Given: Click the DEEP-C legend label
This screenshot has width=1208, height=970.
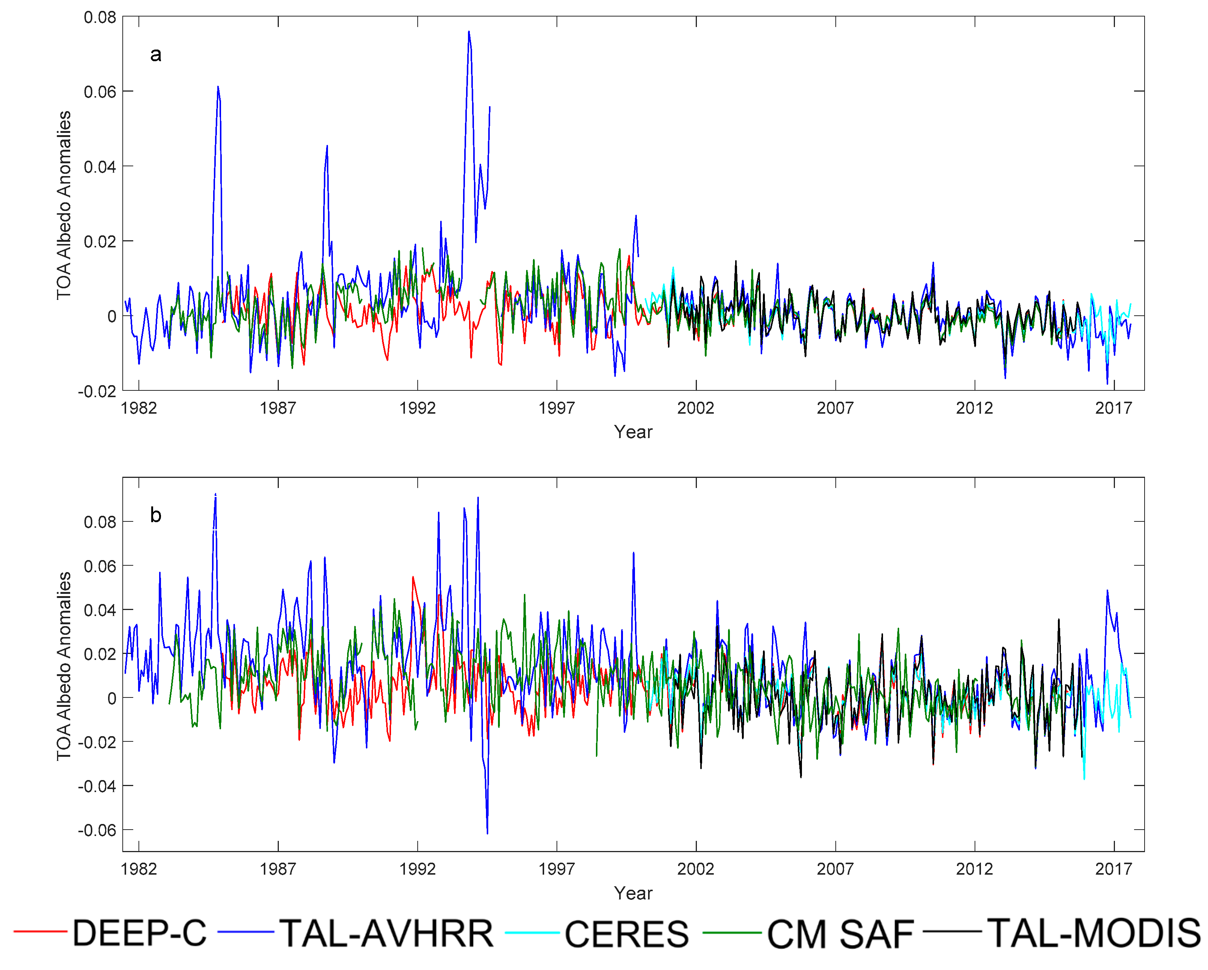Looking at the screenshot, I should (139, 933).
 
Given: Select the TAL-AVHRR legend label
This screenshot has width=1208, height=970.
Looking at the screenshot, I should (387, 933).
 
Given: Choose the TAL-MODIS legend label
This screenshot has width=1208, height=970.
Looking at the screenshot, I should (1094, 933).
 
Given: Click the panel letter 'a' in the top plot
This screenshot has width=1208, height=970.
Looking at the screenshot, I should (156, 54).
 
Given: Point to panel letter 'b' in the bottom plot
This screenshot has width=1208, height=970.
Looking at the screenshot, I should (156, 514).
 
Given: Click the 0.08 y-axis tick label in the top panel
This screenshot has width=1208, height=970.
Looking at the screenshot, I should (100, 17).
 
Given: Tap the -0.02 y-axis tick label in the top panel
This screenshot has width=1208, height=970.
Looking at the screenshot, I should (97, 391).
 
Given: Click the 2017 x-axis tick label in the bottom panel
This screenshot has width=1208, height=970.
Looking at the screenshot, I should (1113, 869).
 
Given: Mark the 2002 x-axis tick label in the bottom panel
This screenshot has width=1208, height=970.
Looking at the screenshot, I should (695, 869).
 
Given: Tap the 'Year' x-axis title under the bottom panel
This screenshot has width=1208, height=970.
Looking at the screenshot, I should (633, 893).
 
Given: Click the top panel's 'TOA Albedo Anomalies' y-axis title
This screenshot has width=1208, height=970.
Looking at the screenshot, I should (64, 205).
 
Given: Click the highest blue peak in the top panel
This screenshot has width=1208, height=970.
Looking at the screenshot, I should (469, 32).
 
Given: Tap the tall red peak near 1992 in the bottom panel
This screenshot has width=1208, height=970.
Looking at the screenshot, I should (413, 577).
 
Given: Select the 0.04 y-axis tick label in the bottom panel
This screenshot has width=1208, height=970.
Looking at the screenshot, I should (100, 610).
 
